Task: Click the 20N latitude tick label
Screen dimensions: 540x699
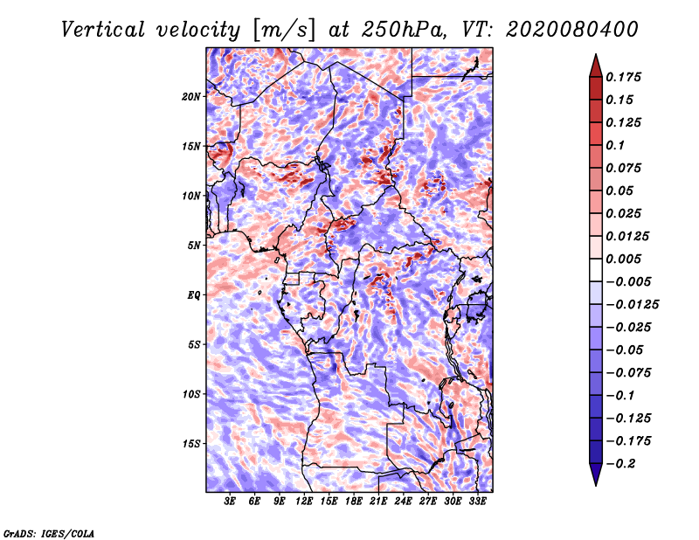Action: click(x=191, y=96)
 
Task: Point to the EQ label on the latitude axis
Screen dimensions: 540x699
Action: click(x=194, y=295)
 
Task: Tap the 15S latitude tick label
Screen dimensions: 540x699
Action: click(x=191, y=444)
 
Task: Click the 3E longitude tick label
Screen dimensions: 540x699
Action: click(x=231, y=502)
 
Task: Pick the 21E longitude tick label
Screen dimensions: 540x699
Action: click(x=378, y=502)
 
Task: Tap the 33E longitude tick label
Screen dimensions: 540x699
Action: click(x=477, y=502)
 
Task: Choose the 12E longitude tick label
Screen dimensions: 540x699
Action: click(x=304, y=502)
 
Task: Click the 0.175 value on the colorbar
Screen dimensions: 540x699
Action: click(x=625, y=77)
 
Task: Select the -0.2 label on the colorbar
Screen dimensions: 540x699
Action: click(x=621, y=463)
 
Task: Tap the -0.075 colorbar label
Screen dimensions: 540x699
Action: click(x=628, y=372)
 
